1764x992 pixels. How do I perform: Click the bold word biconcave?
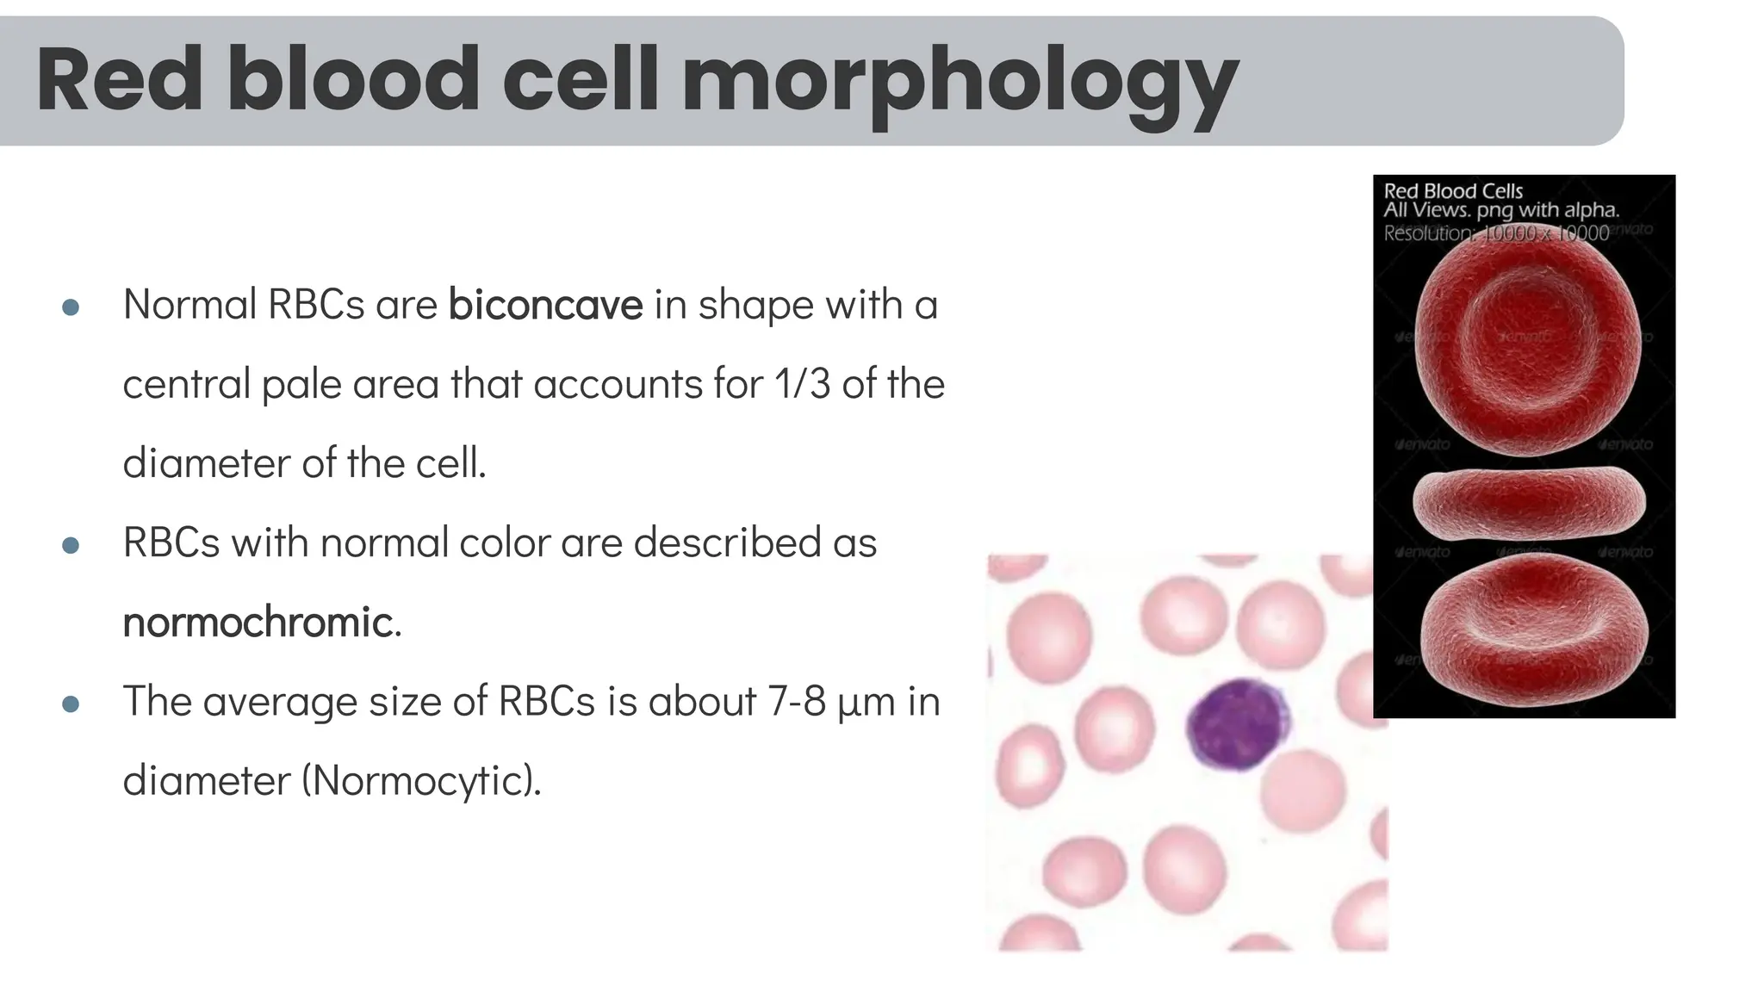(x=545, y=305)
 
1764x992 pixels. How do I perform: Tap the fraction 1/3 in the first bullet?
(x=802, y=384)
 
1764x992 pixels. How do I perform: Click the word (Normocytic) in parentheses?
(x=420, y=781)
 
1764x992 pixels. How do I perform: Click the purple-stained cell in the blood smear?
(x=1237, y=725)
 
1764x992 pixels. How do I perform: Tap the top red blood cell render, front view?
(x=1527, y=340)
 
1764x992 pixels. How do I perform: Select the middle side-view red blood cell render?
(x=1529, y=502)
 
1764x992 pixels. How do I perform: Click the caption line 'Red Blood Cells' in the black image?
(x=1453, y=191)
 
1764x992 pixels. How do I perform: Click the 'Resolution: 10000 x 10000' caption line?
(x=1496, y=233)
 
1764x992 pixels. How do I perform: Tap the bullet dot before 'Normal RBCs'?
(x=71, y=307)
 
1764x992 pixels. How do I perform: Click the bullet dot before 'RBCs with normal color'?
(x=71, y=545)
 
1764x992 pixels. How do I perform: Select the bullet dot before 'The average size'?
(x=71, y=704)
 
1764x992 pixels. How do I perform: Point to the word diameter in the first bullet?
(x=206, y=464)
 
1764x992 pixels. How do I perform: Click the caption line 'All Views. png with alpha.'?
(x=1500, y=210)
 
